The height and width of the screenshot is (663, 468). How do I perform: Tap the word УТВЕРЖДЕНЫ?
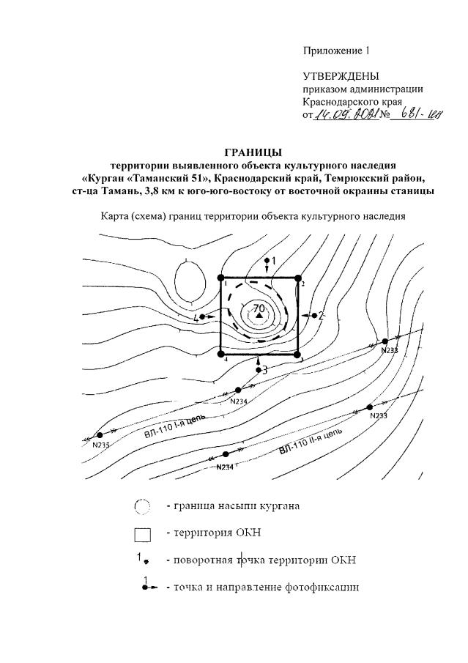[x=341, y=76]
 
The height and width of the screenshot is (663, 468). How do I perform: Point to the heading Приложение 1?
[x=336, y=51]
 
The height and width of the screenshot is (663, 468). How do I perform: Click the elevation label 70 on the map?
[x=259, y=309]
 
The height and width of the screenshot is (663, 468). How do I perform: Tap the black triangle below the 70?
[x=259, y=316]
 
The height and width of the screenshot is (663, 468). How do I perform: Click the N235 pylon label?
[x=100, y=445]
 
